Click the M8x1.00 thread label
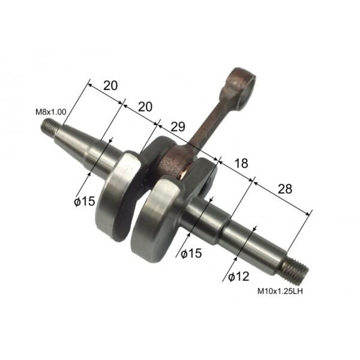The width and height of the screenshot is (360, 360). pos(51,112)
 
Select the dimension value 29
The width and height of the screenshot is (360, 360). pos(178,127)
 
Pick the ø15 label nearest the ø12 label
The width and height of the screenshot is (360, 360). pos(190,253)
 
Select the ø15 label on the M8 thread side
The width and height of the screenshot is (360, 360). pos(85,202)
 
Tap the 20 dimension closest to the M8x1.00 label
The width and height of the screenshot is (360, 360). pos(110,85)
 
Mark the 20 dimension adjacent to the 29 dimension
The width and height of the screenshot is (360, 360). pos(145,106)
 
